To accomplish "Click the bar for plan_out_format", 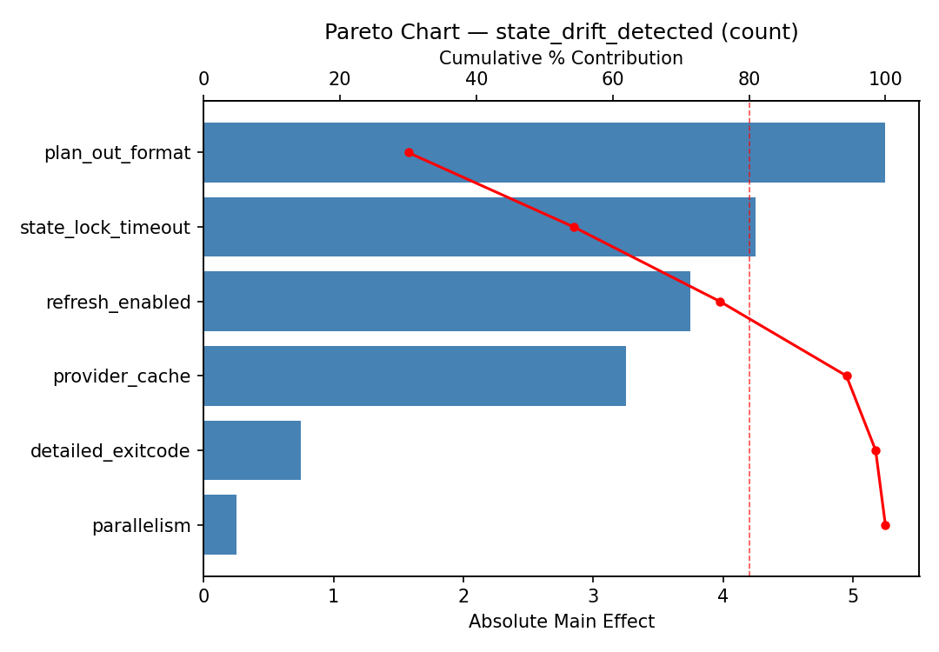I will (x=543, y=153).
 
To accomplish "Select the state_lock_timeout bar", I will (x=479, y=227).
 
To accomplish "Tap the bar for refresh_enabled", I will (x=446, y=302).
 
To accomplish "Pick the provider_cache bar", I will (x=414, y=376).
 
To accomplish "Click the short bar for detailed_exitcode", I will (x=252, y=450).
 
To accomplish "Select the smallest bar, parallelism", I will (x=220, y=525).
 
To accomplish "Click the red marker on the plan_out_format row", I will (x=409, y=153).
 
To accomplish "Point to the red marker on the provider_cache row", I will (x=847, y=376).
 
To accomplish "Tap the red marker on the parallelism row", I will (x=885, y=525).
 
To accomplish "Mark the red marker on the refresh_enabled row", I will (x=720, y=302).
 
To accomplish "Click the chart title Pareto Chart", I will (x=561, y=32).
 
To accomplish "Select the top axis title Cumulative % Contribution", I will (x=561, y=58).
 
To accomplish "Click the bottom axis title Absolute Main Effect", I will (x=561, y=622).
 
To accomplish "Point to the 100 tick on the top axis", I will (x=885, y=79).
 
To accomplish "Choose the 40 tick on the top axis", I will (x=476, y=79).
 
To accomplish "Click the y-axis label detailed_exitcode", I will (x=110, y=451).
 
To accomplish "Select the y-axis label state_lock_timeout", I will (x=105, y=228).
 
